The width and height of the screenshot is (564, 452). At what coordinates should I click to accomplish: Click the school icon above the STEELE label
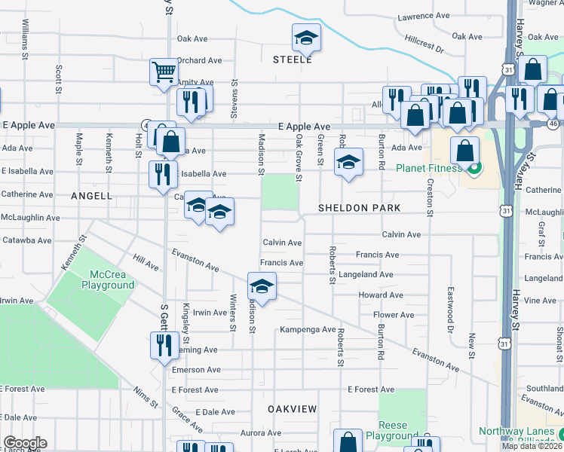pos(307,36)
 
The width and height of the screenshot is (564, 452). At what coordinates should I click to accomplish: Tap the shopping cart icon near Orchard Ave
pos(163,72)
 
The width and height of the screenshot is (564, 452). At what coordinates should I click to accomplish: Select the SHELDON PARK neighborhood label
pos(358,207)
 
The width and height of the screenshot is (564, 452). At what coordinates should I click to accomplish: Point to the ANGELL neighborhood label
pos(91,196)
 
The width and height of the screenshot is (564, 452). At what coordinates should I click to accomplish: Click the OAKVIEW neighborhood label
pos(292,408)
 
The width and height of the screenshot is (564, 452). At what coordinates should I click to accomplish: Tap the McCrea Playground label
pos(112,279)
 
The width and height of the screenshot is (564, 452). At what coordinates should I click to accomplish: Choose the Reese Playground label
pos(392,431)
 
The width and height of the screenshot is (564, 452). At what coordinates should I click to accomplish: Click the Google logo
pos(25,443)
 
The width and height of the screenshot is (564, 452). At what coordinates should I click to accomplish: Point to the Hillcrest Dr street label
pos(424,46)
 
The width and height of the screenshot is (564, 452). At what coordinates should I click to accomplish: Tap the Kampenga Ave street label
pos(308,330)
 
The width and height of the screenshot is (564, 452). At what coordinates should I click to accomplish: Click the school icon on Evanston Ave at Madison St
pos(262,286)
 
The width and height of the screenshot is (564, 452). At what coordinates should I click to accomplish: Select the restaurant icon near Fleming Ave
pos(163,344)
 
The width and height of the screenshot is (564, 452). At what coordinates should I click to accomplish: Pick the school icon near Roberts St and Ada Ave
pos(348,161)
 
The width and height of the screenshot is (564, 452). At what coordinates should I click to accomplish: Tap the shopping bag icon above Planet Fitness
pos(465,149)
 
